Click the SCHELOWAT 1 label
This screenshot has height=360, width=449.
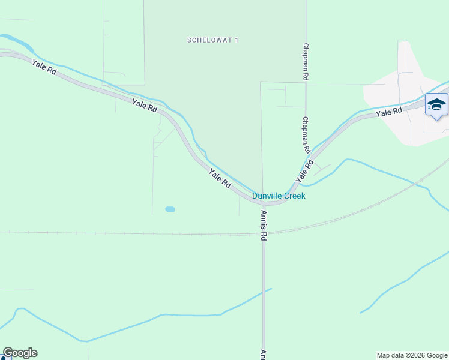(x=213, y=40)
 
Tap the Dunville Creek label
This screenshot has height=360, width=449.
(x=279, y=196)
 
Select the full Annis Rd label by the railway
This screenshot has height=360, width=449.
(x=263, y=225)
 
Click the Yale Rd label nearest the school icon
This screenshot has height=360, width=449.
(x=388, y=112)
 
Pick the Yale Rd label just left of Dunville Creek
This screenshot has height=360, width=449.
(x=220, y=179)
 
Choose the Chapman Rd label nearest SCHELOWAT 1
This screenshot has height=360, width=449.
(x=306, y=62)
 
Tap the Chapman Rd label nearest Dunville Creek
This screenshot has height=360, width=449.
(x=306, y=134)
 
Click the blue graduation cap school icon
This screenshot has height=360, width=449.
(x=436, y=105)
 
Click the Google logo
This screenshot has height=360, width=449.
(x=20, y=353)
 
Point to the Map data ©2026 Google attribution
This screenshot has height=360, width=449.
(x=412, y=356)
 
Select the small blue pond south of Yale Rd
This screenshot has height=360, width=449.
(x=170, y=209)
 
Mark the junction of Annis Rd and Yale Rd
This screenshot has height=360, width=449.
(x=263, y=203)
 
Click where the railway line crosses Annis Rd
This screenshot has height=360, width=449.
(x=263, y=234)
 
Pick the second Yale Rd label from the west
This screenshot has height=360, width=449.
(x=145, y=106)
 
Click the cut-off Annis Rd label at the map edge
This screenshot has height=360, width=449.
(x=263, y=355)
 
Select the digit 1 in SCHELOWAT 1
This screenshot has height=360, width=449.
(x=237, y=40)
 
